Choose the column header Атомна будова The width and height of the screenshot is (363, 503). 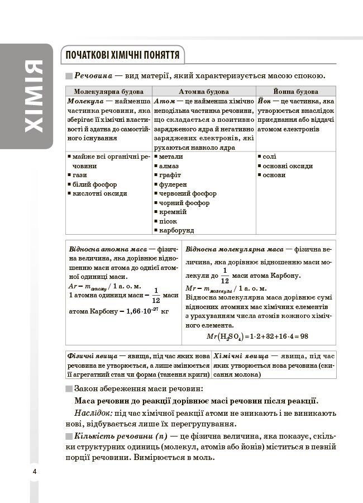click(x=203, y=91)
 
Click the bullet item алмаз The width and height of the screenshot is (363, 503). click(x=169, y=166)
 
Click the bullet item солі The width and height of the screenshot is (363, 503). click(x=269, y=157)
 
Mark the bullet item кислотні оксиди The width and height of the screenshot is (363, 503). click(x=99, y=193)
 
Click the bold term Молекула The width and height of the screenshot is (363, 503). click(x=84, y=102)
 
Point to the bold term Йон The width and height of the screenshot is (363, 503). click(x=265, y=102)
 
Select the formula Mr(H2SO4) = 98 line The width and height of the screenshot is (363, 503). click(x=265, y=336)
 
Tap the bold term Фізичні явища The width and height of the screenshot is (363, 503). click(x=92, y=356)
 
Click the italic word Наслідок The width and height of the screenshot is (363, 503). click(x=93, y=413)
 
